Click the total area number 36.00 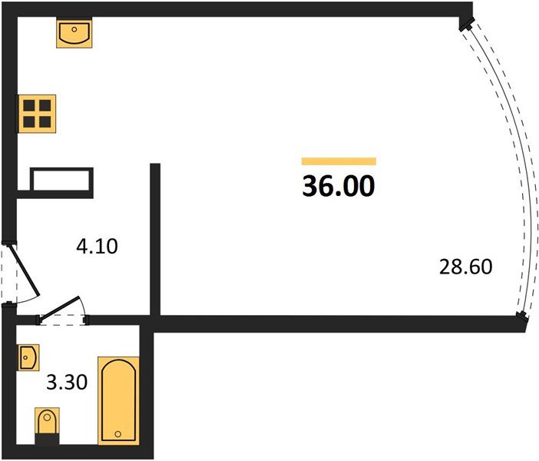coord(339,186)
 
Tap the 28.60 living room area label coord(466,267)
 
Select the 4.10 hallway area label coord(97,247)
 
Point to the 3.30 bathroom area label coord(67,382)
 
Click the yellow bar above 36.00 coord(339,161)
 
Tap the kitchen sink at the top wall coord(74,33)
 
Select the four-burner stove coord(37,114)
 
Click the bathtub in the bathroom coord(118,401)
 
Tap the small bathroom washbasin coord(29,357)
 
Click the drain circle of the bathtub coord(118,434)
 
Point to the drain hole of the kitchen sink coord(74,30)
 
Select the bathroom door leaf coord(59,310)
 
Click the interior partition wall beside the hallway coord(155,240)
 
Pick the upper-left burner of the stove coord(29,105)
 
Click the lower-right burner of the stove coord(45,122)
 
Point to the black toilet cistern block coord(48,439)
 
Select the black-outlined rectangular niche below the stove coord(62,179)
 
